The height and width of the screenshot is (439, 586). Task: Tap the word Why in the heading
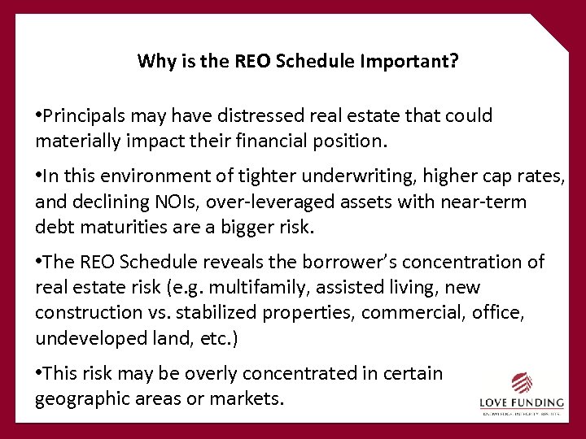pos(152,61)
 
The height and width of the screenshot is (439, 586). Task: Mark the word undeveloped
pos(87,337)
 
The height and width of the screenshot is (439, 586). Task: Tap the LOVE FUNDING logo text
pos(520,403)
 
